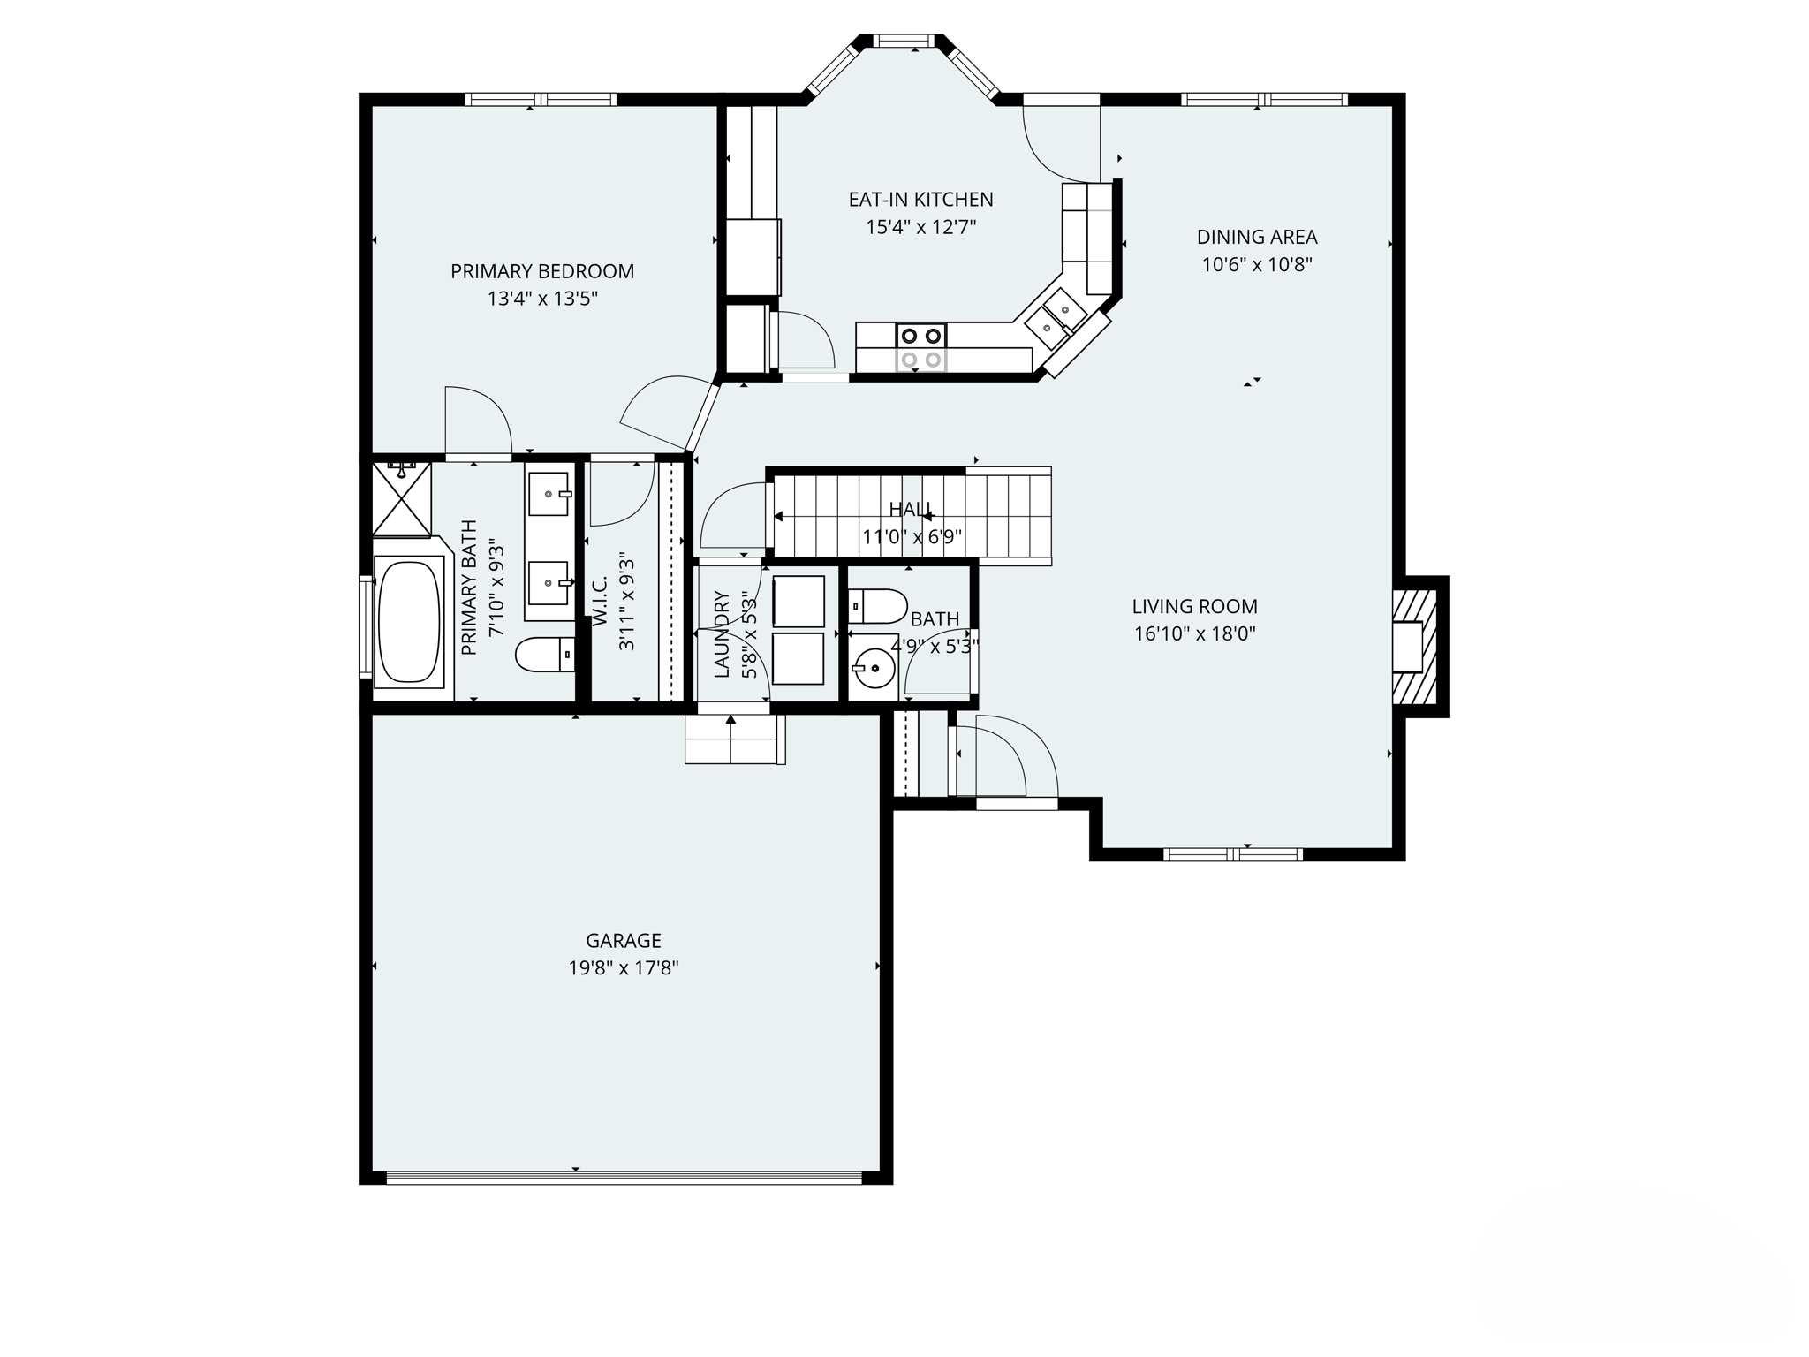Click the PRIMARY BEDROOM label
pos(542,271)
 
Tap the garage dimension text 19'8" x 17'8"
pos(623,968)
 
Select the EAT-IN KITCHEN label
pos(920,200)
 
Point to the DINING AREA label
pos(1256,237)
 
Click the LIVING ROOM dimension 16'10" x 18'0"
pos(1194,633)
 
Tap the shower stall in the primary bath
pos(401,499)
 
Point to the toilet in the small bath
pos(878,607)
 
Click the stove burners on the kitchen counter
pos(921,346)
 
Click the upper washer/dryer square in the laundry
pos(799,602)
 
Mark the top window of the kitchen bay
pos(903,41)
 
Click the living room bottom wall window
pos(1233,854)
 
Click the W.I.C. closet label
pos(601,602)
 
